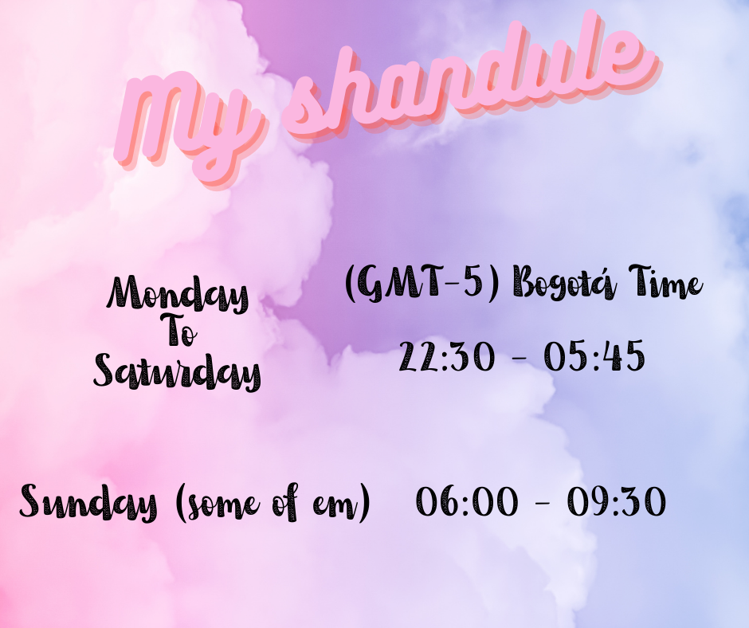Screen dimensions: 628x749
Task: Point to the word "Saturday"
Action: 177,371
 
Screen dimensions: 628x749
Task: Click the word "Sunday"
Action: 88,504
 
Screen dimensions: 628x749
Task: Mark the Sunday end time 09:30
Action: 616,503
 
